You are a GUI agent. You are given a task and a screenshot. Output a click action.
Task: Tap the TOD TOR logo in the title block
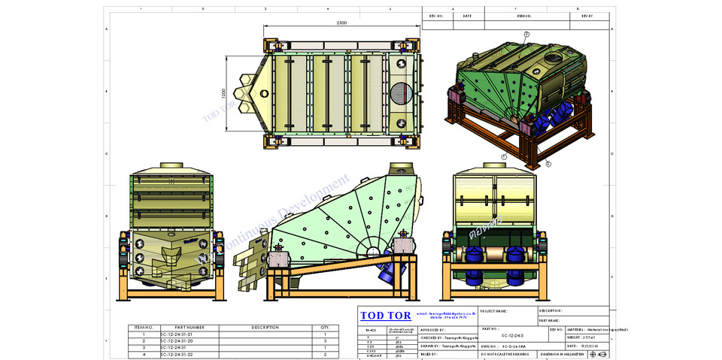[x=384, y=316]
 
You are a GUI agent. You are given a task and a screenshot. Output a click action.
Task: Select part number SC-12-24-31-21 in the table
[x=177, y=334]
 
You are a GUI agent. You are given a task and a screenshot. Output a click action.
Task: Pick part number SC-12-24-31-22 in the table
[x=177, y=354]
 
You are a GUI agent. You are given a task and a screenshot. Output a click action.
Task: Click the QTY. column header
[x=325, y=327]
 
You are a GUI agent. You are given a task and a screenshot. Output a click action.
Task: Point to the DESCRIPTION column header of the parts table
[x=265, y=327]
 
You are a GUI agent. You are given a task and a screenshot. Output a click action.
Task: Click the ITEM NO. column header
[x=143, y=327]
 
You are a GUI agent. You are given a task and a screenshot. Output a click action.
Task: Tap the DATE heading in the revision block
[x=467, y=15]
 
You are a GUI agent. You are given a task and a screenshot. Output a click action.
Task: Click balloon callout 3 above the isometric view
[x=526, y=34]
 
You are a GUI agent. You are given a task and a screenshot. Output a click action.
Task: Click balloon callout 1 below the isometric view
[x=505, y=156]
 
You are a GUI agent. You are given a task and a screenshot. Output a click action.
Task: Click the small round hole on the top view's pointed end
[x=264, y=93]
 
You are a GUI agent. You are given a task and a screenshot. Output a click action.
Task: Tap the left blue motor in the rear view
[x=477, y=256]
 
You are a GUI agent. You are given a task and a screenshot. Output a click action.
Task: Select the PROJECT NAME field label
[x=493, y=310]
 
